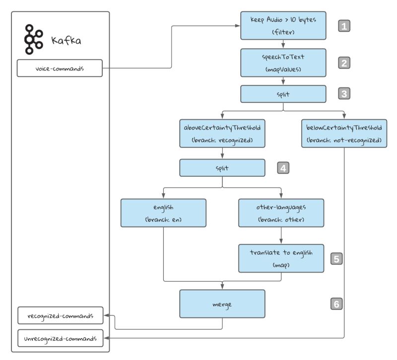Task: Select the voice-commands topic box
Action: pyautogui.click(x=60, y=69)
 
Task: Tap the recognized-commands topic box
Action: pyautogui.click(x=60, y=315)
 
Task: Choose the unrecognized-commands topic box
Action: pyautogui.click(x=60, y=338)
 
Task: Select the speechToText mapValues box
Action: pyautogui.click(x=283, y=63)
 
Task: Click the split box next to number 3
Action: pyautogui.click(x=283, y=93)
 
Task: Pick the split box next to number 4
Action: pyautogui.click(x=222, y=168)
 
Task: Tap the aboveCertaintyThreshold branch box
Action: pyautogui.click(x=222, y=133)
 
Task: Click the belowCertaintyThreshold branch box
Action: pyautogui.click(x=344, y=133)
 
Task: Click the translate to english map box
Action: pyautogui.click(x=281, y=258)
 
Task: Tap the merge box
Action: pyautogui.click(x=222, y=303)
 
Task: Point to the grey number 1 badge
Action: pyautogui.click(x=344, y=26)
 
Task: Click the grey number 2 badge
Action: pyautogui.click(x=344, y=63)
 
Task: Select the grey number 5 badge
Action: pyautogui.click(x=336, y=258)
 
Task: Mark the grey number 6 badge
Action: pyautogui.click(x=336, y=303)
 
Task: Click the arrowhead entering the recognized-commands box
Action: pyautogui.click(x=105, y=315)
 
